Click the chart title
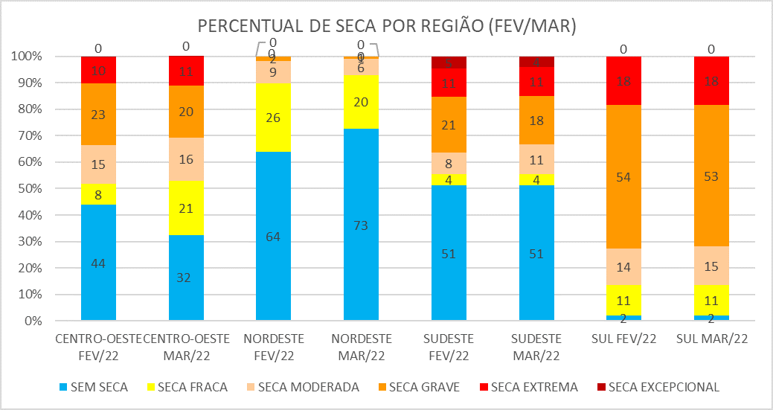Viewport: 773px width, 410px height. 387,26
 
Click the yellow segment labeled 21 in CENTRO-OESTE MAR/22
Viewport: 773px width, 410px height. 186,208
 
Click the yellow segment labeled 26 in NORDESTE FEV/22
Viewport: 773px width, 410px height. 274,117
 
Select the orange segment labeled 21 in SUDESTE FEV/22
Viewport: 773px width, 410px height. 449,125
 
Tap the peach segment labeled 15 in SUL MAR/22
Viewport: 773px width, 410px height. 712,265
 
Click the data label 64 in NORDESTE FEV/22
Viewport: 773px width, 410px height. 274,237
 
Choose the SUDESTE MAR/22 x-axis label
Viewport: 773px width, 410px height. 537,345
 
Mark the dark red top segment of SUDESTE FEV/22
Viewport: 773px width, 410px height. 449,62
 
